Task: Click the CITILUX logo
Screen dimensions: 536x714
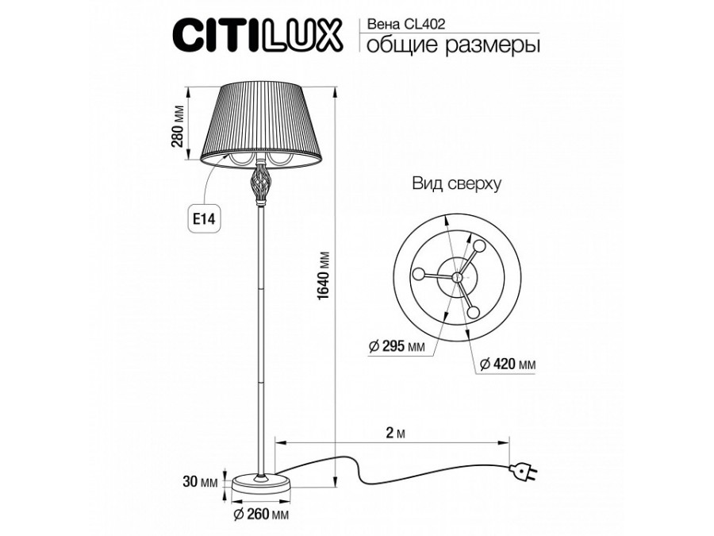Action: coord(257,35)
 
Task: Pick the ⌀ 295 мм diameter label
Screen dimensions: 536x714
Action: coord(397,346)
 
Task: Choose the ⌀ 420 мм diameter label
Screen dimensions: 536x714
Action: coord(509,364)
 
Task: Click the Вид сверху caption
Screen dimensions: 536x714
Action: coord(455,184)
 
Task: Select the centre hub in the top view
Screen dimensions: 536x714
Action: coord(457,276)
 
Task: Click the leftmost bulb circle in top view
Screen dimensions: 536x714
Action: coord(417,274)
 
